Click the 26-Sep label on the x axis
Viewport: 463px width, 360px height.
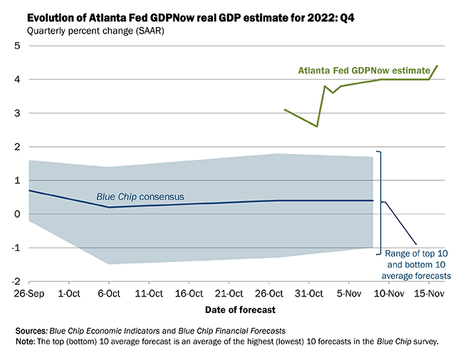29,293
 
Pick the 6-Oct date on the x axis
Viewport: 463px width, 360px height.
110,293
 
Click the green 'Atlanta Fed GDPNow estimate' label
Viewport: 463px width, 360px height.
365,71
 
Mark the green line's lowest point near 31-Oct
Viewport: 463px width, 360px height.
317,127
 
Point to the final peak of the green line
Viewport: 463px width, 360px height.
437,66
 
